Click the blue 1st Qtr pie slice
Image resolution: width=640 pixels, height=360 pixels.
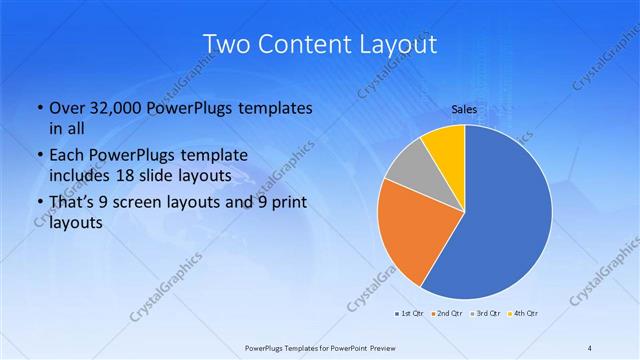pyautogui.click(x=505, y=215)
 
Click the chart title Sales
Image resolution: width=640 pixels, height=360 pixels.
pyautogui.click(x=464, y=108)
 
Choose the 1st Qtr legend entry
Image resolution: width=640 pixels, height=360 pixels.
pyautogui.click(x=410, y=315)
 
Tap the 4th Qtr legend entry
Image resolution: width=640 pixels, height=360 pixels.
pyautogui.click(x=523, y=315)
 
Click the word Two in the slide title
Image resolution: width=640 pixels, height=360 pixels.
pyautogui.click(x=227, y=44)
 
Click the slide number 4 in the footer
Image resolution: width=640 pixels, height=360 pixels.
pyautogui.click(x=589, y=347)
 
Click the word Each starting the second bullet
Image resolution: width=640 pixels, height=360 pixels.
pyautogui.click(x=67, y=156)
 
